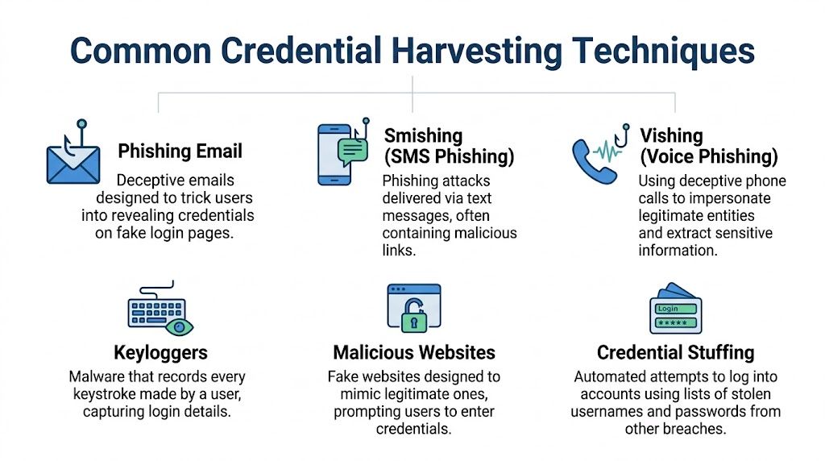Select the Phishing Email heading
tap(180, 152)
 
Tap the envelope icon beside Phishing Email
tap(73, 163)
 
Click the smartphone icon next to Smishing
tap(333, 155)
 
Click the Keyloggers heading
tap(160, 353)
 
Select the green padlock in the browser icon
tap(413, 318)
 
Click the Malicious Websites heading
tap(414, 353)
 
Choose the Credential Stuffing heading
tap(675, 353)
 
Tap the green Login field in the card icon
tap(676, 309)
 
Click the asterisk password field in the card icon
tap(676, 323)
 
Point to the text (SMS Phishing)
tap(449, 156)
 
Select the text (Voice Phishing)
tap(708, 156)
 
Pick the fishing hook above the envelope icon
tap(81, 131)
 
